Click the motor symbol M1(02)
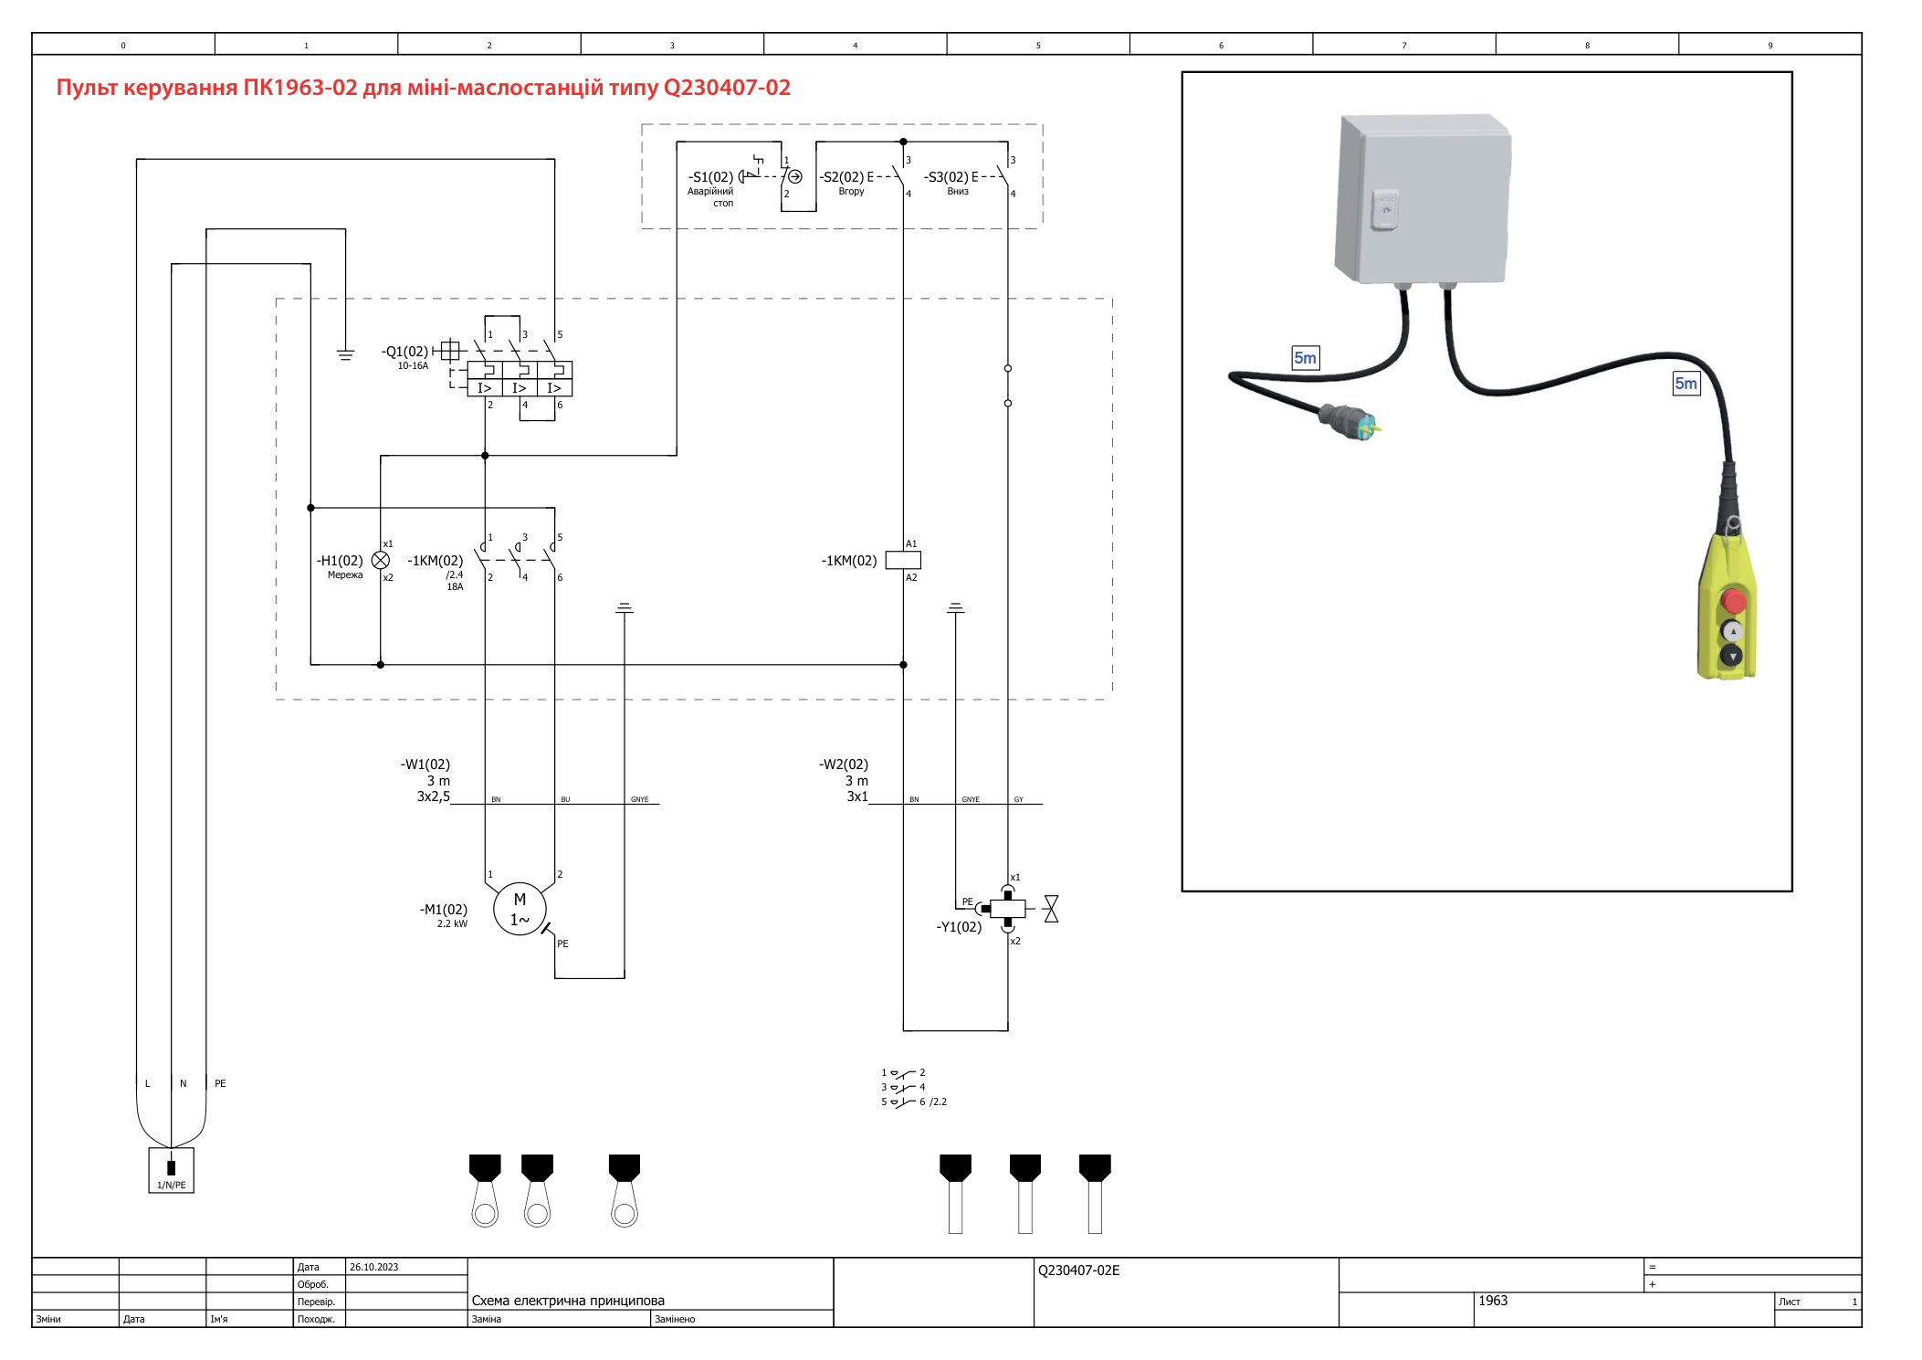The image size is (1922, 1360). click(520, 909)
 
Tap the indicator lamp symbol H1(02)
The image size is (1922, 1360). click(381, 560)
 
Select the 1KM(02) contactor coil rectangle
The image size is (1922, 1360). click(903, 560)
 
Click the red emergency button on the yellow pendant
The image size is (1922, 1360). click(1734, 601)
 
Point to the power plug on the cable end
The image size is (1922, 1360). click(1350, 421)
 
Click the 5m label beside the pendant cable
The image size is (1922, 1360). click(1686, 384)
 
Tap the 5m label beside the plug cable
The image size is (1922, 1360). click(1305, 358)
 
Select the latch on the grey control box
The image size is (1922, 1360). click(1384, 209)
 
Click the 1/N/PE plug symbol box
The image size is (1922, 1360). click(172, 1170)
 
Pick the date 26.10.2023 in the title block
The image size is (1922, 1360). click(374, 1267)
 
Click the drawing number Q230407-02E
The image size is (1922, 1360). click(1078, 1270)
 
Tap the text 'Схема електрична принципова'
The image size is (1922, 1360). click(568, 1301)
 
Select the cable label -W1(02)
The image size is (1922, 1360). click(425, 764)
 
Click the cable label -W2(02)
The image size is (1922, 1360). click(844, 764)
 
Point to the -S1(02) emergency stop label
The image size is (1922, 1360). click(710, 177)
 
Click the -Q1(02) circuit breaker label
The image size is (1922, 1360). click(404, 352)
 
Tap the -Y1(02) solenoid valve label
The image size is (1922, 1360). click(959, 927)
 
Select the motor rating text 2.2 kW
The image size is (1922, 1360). click(452, 923)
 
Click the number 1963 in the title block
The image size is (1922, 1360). click(1493, 1301)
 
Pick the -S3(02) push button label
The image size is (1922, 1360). click(946, 177)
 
